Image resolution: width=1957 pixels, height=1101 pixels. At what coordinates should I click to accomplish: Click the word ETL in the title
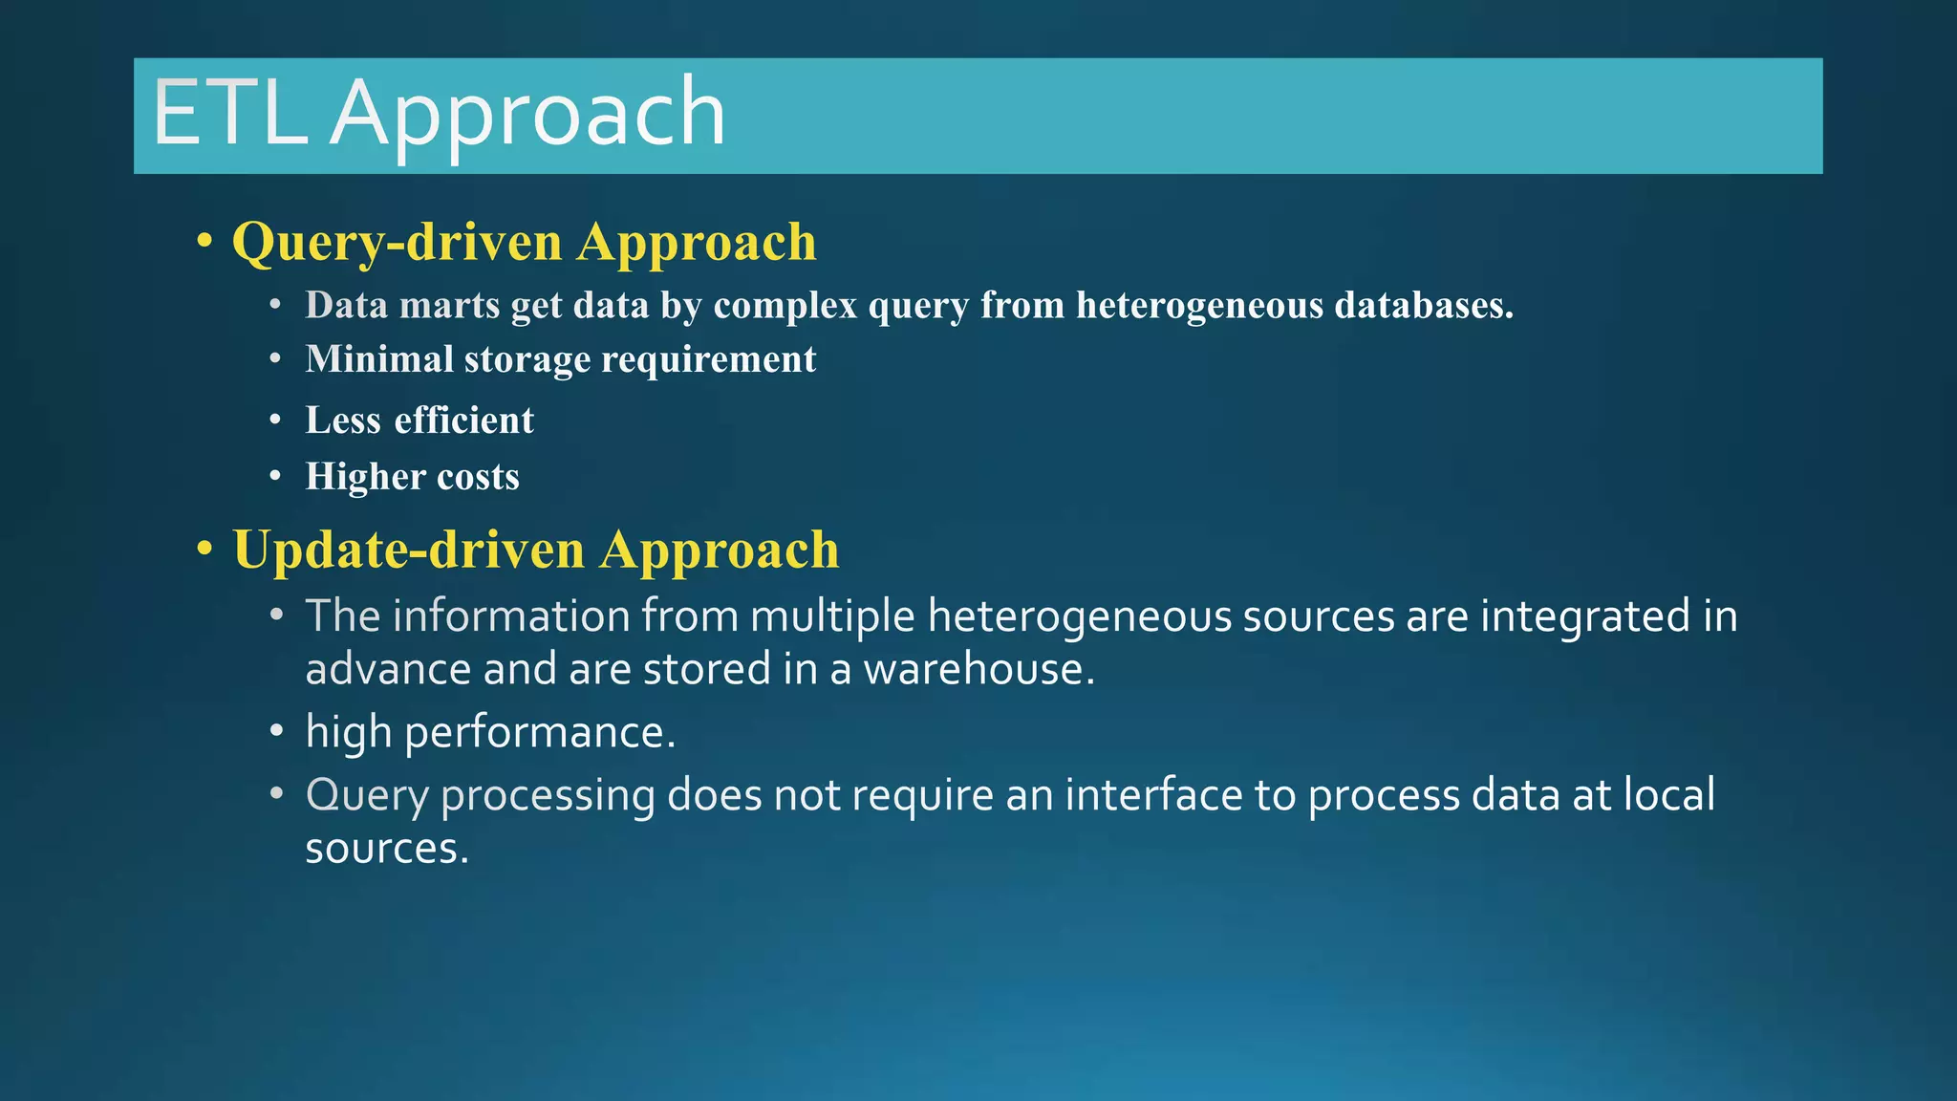pyautogui.click(x=229, y=115)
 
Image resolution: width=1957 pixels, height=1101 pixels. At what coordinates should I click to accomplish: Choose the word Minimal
pyautogui.click(x=379, y=359)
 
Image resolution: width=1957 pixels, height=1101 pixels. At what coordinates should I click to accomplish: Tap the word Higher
pyautogui.click(x=365, y=477)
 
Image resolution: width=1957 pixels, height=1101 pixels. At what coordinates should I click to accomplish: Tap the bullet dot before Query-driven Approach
pyautogui.click(x=204, y=242)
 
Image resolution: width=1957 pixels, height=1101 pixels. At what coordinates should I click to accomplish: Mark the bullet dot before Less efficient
pyautogui.click(x=275, y=421)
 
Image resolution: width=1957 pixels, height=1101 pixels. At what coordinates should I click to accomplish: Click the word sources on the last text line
pyautogui.click(x=386, y=849)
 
